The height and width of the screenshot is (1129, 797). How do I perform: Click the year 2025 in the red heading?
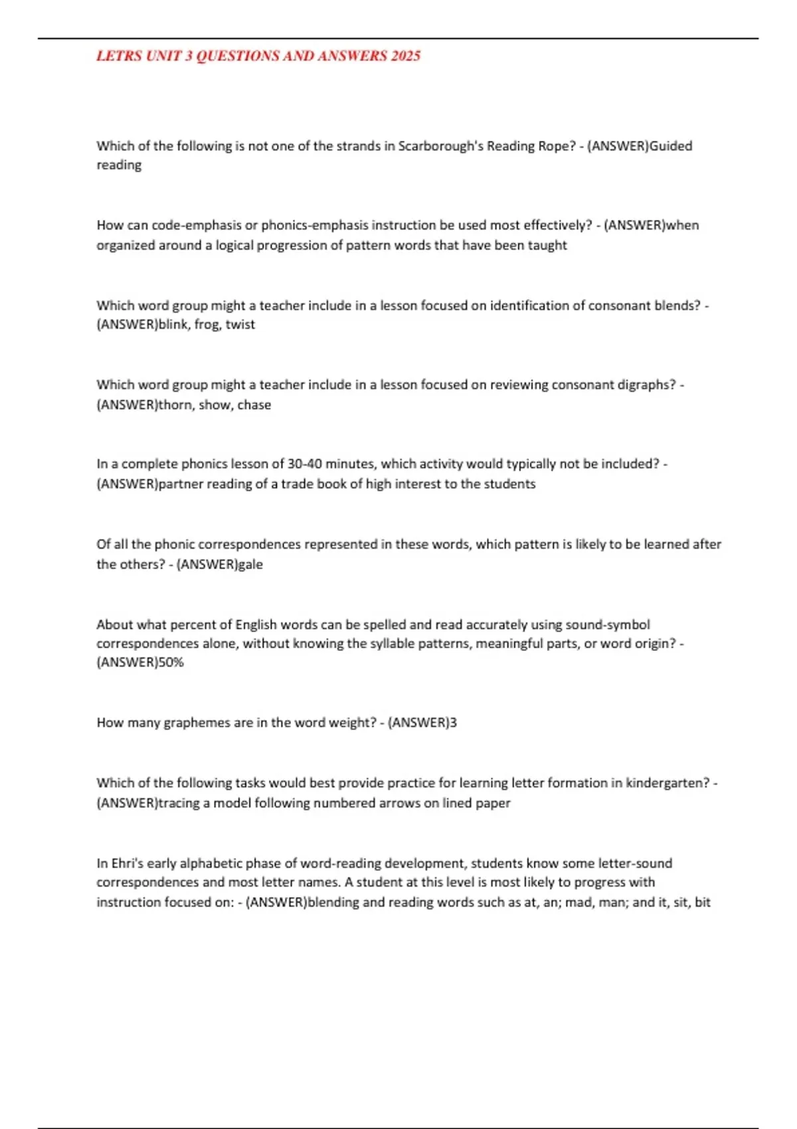405,56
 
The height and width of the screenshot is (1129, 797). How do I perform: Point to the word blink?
173,325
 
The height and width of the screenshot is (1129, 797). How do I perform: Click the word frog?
207,325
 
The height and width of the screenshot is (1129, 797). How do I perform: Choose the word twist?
240,325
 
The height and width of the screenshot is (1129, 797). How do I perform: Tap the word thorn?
175,404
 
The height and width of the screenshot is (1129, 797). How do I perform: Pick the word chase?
254,404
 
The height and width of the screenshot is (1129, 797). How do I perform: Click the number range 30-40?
306,464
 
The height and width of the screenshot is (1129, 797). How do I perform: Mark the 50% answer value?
171,662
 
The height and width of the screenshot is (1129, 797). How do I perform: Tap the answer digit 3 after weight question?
454,723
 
